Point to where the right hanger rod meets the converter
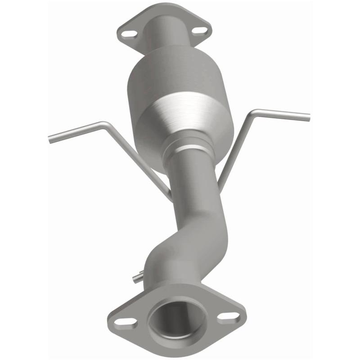221,184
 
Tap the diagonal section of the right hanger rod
236,148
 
